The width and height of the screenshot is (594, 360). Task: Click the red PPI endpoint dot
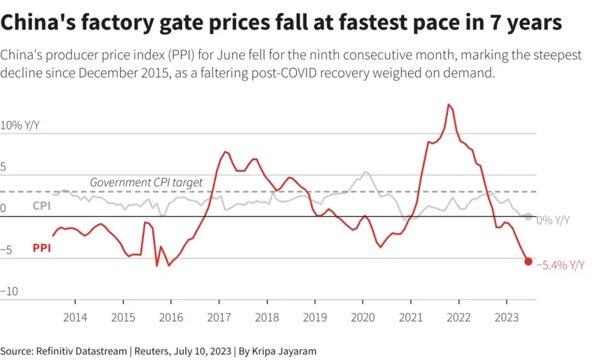[x=528, y=261]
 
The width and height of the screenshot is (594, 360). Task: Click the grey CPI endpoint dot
[x=528, y=217]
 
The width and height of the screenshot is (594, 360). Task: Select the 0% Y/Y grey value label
[x=553, y=219]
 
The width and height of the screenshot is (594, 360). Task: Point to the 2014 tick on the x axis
[x=75, y=316]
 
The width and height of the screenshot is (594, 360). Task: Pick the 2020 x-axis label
[x=363, y=316]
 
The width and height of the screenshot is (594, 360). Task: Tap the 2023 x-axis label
[x=506, y=316]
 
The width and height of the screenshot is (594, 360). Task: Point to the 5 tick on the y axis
[x=3, y=167]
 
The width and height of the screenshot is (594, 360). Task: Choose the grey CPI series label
[x=41, y=206]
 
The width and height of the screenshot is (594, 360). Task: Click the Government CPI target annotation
[x=146, y=182]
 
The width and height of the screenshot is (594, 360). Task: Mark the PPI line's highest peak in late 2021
[x=449, y=105]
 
